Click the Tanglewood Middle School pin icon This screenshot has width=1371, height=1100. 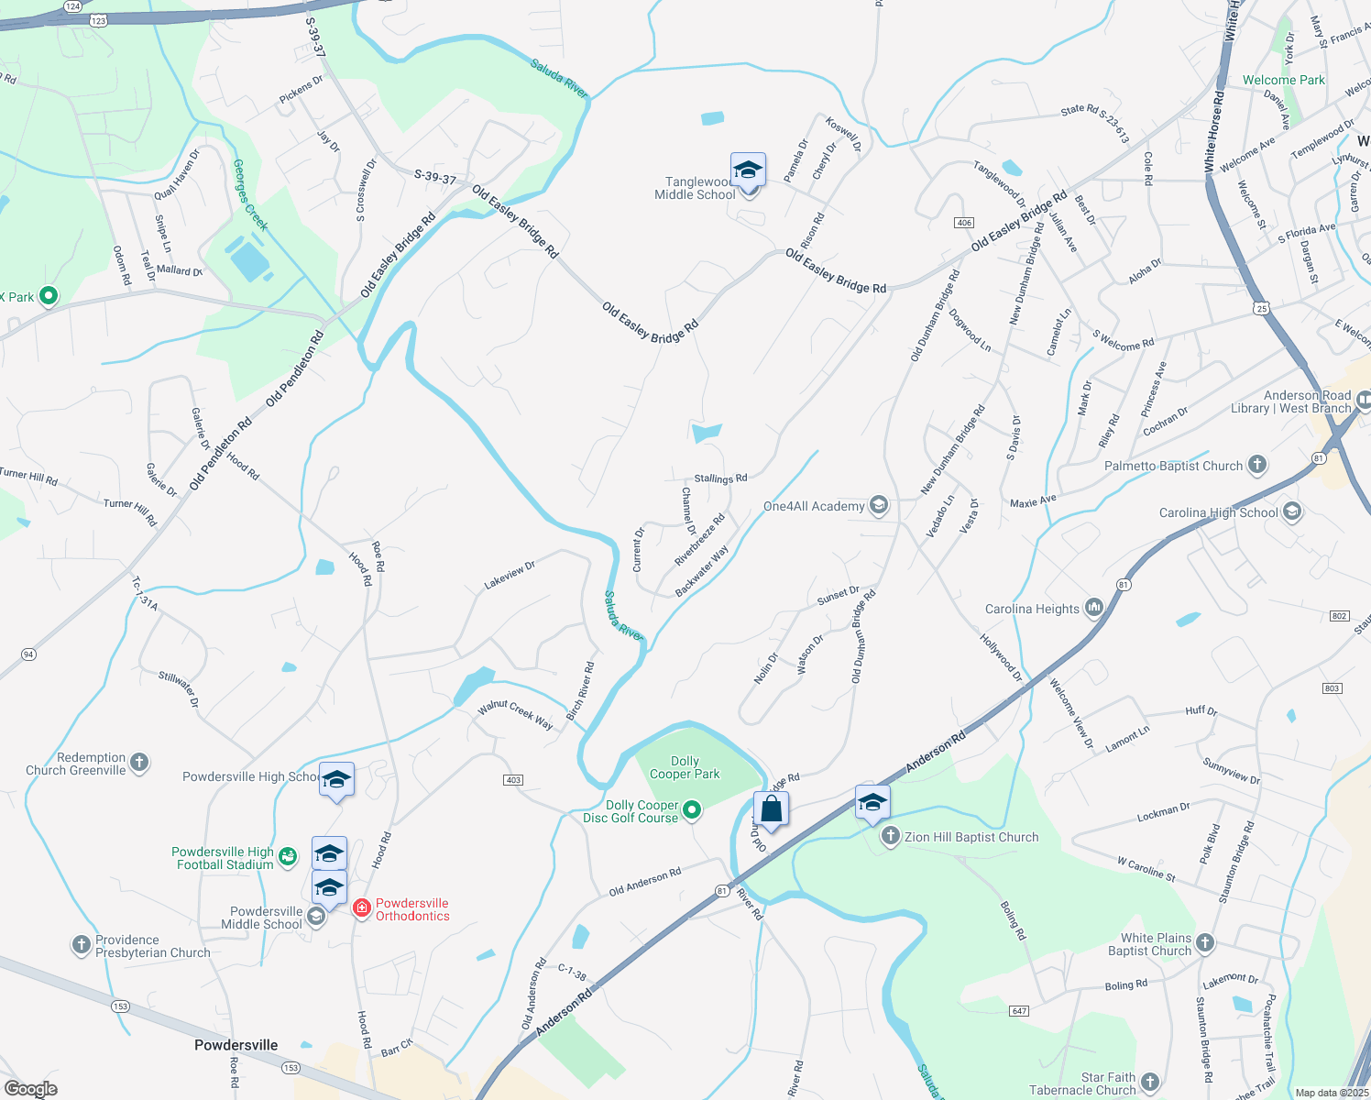pyautogui.click(x=748, y=170)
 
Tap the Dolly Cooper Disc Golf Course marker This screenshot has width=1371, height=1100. pyautogui.click(x=693, y=809)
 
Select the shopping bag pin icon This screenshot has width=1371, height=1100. pyautogui.click(x=771, y=809)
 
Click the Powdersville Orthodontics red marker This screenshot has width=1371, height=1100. pyautogui.click(x=362, y=907)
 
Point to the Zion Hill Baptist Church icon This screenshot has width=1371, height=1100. pyautogui.click(x=890, y=836)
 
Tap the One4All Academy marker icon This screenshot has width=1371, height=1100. pyautogui.click(x=879, y=505)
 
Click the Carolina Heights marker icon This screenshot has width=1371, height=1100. pyautogui.click(x=1093, y=608)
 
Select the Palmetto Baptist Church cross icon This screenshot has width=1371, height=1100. pyautogui.click(x=1257, y=465)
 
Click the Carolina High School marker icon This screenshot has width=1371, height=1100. pyautogui.click(x=1292, y=511)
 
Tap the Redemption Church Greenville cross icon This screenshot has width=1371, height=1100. pyautogui.click(x=139, y=762)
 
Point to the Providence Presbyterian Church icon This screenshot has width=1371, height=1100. pyautogui.click(x=82, y=944)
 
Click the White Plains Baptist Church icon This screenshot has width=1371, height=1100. pyautogui.click(x=1205, y=942)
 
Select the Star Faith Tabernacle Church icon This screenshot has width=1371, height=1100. pyautogui.click(x=1150, y=1083)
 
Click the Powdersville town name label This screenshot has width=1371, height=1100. pyautogui.click(x=236, y=1045)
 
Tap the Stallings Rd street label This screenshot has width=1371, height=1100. pyautogui.click(x=720, y=478)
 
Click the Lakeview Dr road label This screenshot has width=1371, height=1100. pyautogui.click(x=510, y=576)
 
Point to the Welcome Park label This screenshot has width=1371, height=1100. pyautogui.click(x=1283, y=80)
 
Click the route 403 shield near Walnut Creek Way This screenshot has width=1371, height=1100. pyautogui.click(x=513, y=780)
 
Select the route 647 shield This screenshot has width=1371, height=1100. pyautogui.click(x=1019, y=1010)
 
